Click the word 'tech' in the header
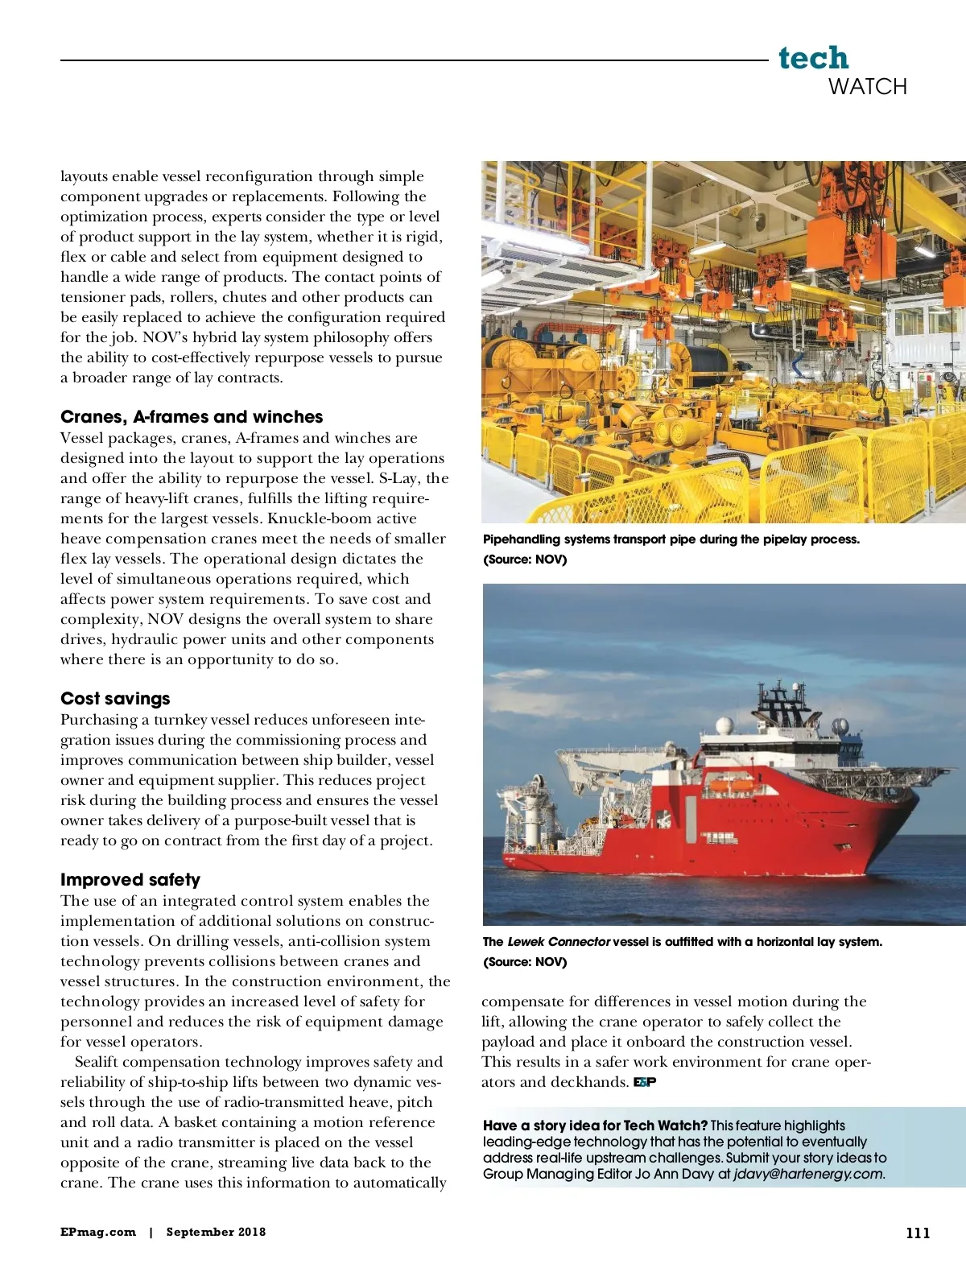813,58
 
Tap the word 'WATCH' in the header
867,86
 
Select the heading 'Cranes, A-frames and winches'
192,416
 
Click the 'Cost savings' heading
115,698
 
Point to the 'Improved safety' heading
130,879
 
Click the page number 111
918,1233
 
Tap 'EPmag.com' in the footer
98,1232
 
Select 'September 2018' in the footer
216,1232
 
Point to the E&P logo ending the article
645,1082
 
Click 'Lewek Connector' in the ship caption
558,941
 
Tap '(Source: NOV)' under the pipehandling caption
525,560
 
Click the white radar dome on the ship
724,725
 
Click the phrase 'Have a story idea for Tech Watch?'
595,1126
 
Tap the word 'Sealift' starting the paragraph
103,1062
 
